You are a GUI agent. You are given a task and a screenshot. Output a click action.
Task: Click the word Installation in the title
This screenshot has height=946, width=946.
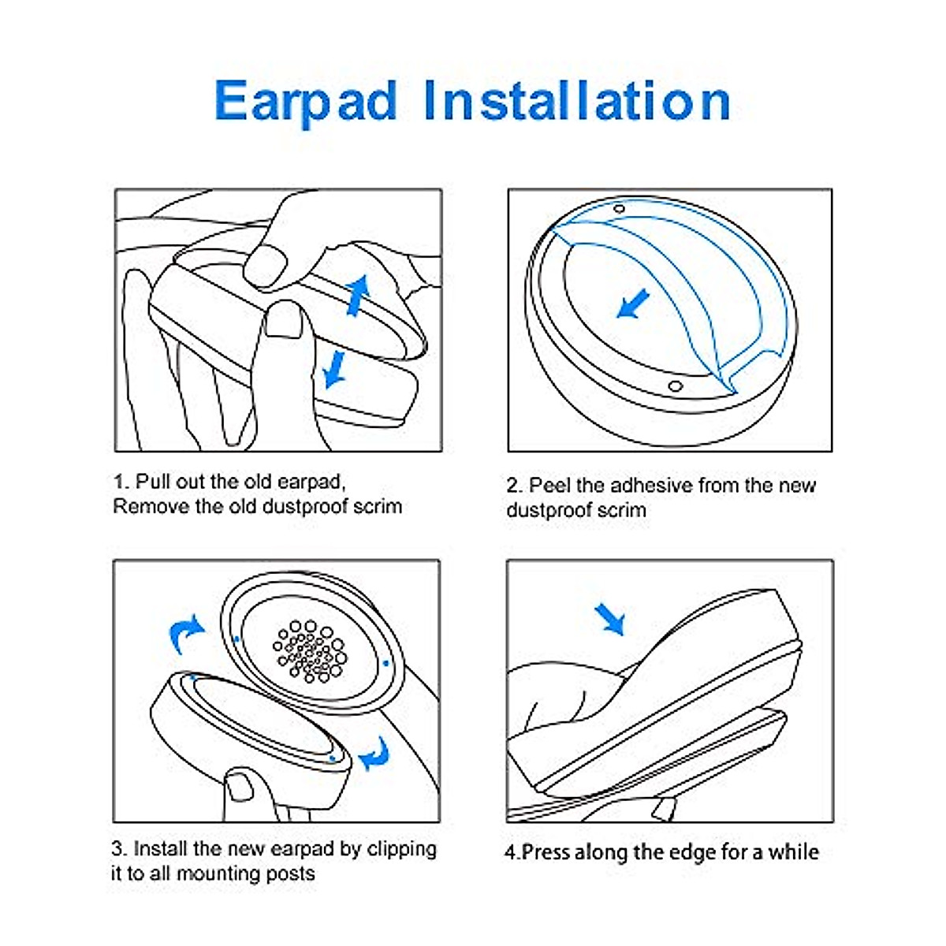coord(577,101)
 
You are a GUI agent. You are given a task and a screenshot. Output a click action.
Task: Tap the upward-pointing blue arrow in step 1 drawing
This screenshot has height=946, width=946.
coord(359,295)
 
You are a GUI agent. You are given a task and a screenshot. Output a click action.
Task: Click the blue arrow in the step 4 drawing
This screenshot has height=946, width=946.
coord(610,618)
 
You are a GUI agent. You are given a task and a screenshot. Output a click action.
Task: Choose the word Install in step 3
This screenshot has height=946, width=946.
coord(160,849)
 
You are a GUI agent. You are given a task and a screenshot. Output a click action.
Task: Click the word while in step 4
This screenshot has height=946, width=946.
coord(793,852)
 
